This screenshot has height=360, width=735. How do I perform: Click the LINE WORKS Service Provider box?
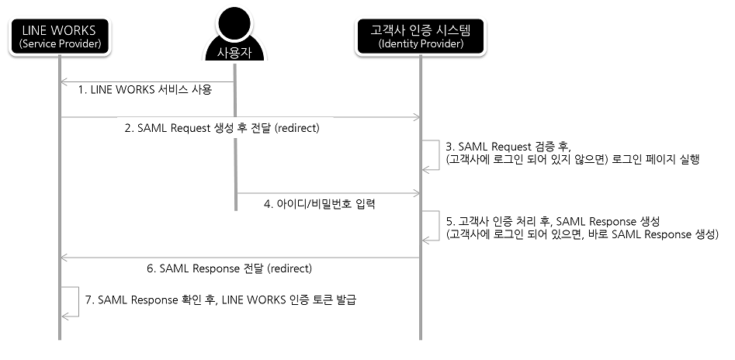[59, 36]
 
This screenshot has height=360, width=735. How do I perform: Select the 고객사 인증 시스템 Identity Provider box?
[421, 36]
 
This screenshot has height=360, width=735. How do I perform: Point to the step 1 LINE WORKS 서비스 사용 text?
[145, 90]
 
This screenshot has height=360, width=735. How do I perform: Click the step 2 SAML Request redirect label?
[223, 129]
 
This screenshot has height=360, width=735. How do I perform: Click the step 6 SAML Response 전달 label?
[229, 268]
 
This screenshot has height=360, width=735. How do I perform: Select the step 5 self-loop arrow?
[431, 227]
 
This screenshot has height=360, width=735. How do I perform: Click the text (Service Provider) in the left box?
[59, 45]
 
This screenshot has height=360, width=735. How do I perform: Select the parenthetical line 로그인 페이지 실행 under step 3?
[572, 160]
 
